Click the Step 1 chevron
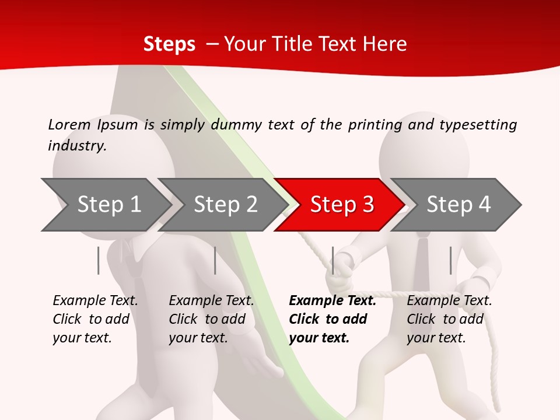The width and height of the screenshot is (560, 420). tap(108, 205)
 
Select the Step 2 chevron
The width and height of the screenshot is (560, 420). tap(225, 205)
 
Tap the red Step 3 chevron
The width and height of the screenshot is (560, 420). tap(342, 205)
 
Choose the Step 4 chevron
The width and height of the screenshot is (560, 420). tap(459, 205)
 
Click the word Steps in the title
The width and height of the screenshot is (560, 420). tap(169, 44)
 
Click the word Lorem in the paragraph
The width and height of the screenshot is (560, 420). tap(69, 124)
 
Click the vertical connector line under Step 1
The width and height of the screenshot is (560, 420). tap(99, 260)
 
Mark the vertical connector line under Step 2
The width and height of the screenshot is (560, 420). tap(215, 260)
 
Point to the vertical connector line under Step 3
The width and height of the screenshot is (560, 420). tap(332, 260)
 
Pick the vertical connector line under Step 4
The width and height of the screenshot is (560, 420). tap(450, 260)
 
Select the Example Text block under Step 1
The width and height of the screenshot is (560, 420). tap(95, 319)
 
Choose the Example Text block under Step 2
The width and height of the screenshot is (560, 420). tap(211, 319)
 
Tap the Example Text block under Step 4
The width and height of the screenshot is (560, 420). tap(449, 319)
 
